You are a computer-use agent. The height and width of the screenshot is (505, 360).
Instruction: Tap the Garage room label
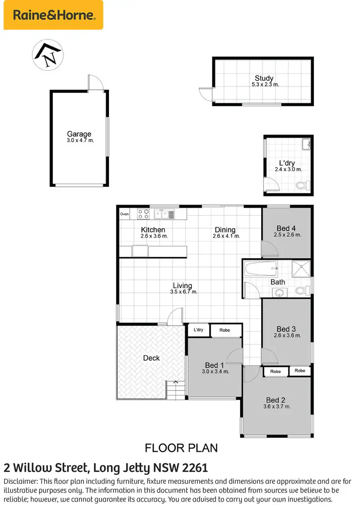pyautogui.click(x=79, y=134)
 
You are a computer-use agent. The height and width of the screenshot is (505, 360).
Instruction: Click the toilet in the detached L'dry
pyautogui.click(x=301, y=185)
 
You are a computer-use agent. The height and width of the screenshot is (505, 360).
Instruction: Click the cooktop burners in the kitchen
pyautogui.click(x=143, y=214)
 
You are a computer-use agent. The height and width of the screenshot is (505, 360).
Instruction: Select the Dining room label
pyautogui.click(x=225, y=230)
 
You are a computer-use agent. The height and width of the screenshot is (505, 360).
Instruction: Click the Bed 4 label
pyautogui.click(x=286, y=228)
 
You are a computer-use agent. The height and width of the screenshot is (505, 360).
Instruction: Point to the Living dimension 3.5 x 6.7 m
pyautogui.click(x=183, y=292)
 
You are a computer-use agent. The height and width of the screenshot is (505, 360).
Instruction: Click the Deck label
pyautogui.click(x=152, y=358)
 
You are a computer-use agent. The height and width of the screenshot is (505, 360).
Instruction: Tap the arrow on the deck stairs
pyautogui.click(x=176, y=382)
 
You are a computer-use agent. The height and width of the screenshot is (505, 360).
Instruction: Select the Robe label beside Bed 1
pyautogui.click(x=225, y=330)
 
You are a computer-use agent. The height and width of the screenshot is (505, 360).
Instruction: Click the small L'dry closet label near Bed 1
pyautogui.click(x=198, y=330)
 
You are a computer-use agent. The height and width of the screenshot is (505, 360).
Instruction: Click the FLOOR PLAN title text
pyautogui.click(x=181, y=448)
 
